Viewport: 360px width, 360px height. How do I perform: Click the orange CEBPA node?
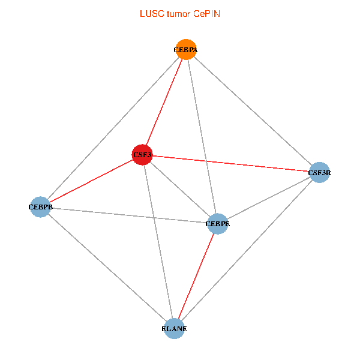pyautogui.click(x=186, y=50)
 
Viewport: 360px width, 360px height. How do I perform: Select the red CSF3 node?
pyautogui.click(x=142, y=155)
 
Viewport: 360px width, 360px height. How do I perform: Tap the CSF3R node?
pyautogui.click(x=319, y=173)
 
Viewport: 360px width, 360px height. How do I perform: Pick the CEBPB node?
pyautogui.click(x=40, y=207)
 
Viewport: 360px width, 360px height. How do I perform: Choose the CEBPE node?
pyautogui.click(x=217, y=224)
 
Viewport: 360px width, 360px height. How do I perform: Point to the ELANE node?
pyautogui.click(x=174, y=328)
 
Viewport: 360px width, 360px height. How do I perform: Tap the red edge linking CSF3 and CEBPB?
pyautogui.click(x=91, y=181)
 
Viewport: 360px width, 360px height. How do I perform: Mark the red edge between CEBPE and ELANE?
pyautogui.click(x=196, y=276)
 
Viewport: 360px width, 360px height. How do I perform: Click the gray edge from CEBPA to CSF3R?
pyautogui.click(x=253, y=111)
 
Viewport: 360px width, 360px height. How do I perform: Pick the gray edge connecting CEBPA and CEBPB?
pyautogui.click(x=113, y=128)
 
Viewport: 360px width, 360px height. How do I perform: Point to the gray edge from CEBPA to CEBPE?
pyautogui.click(x=202, y=137)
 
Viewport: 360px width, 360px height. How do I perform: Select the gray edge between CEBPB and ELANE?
pyautogui.click(x=107, y=268)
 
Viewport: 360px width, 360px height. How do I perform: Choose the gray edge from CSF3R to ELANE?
pyautogui.click(x=247, y=250)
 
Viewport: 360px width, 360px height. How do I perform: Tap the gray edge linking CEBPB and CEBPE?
pyautogui.click(x=128, y=215)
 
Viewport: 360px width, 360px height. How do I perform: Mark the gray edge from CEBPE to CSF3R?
pyautogui.click(x=268, y=198)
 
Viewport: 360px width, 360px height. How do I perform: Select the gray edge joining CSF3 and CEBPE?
pyautogui.click(x=180, y=190)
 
